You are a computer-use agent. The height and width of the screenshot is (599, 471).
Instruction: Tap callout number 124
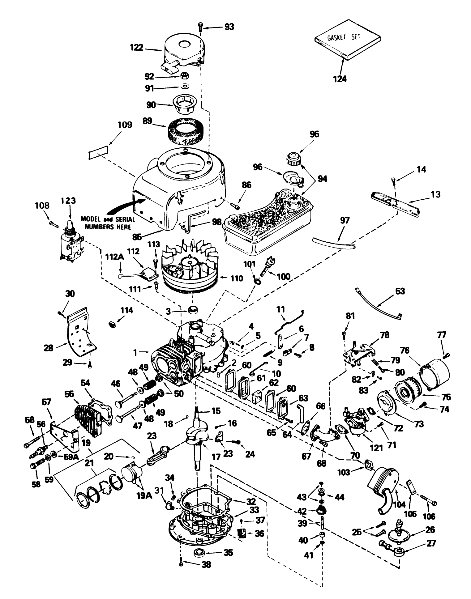click(340, 79)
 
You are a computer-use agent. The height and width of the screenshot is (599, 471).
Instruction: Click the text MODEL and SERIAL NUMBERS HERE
click(108, 223)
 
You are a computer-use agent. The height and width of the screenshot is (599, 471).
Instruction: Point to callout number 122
click(136, 47)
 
